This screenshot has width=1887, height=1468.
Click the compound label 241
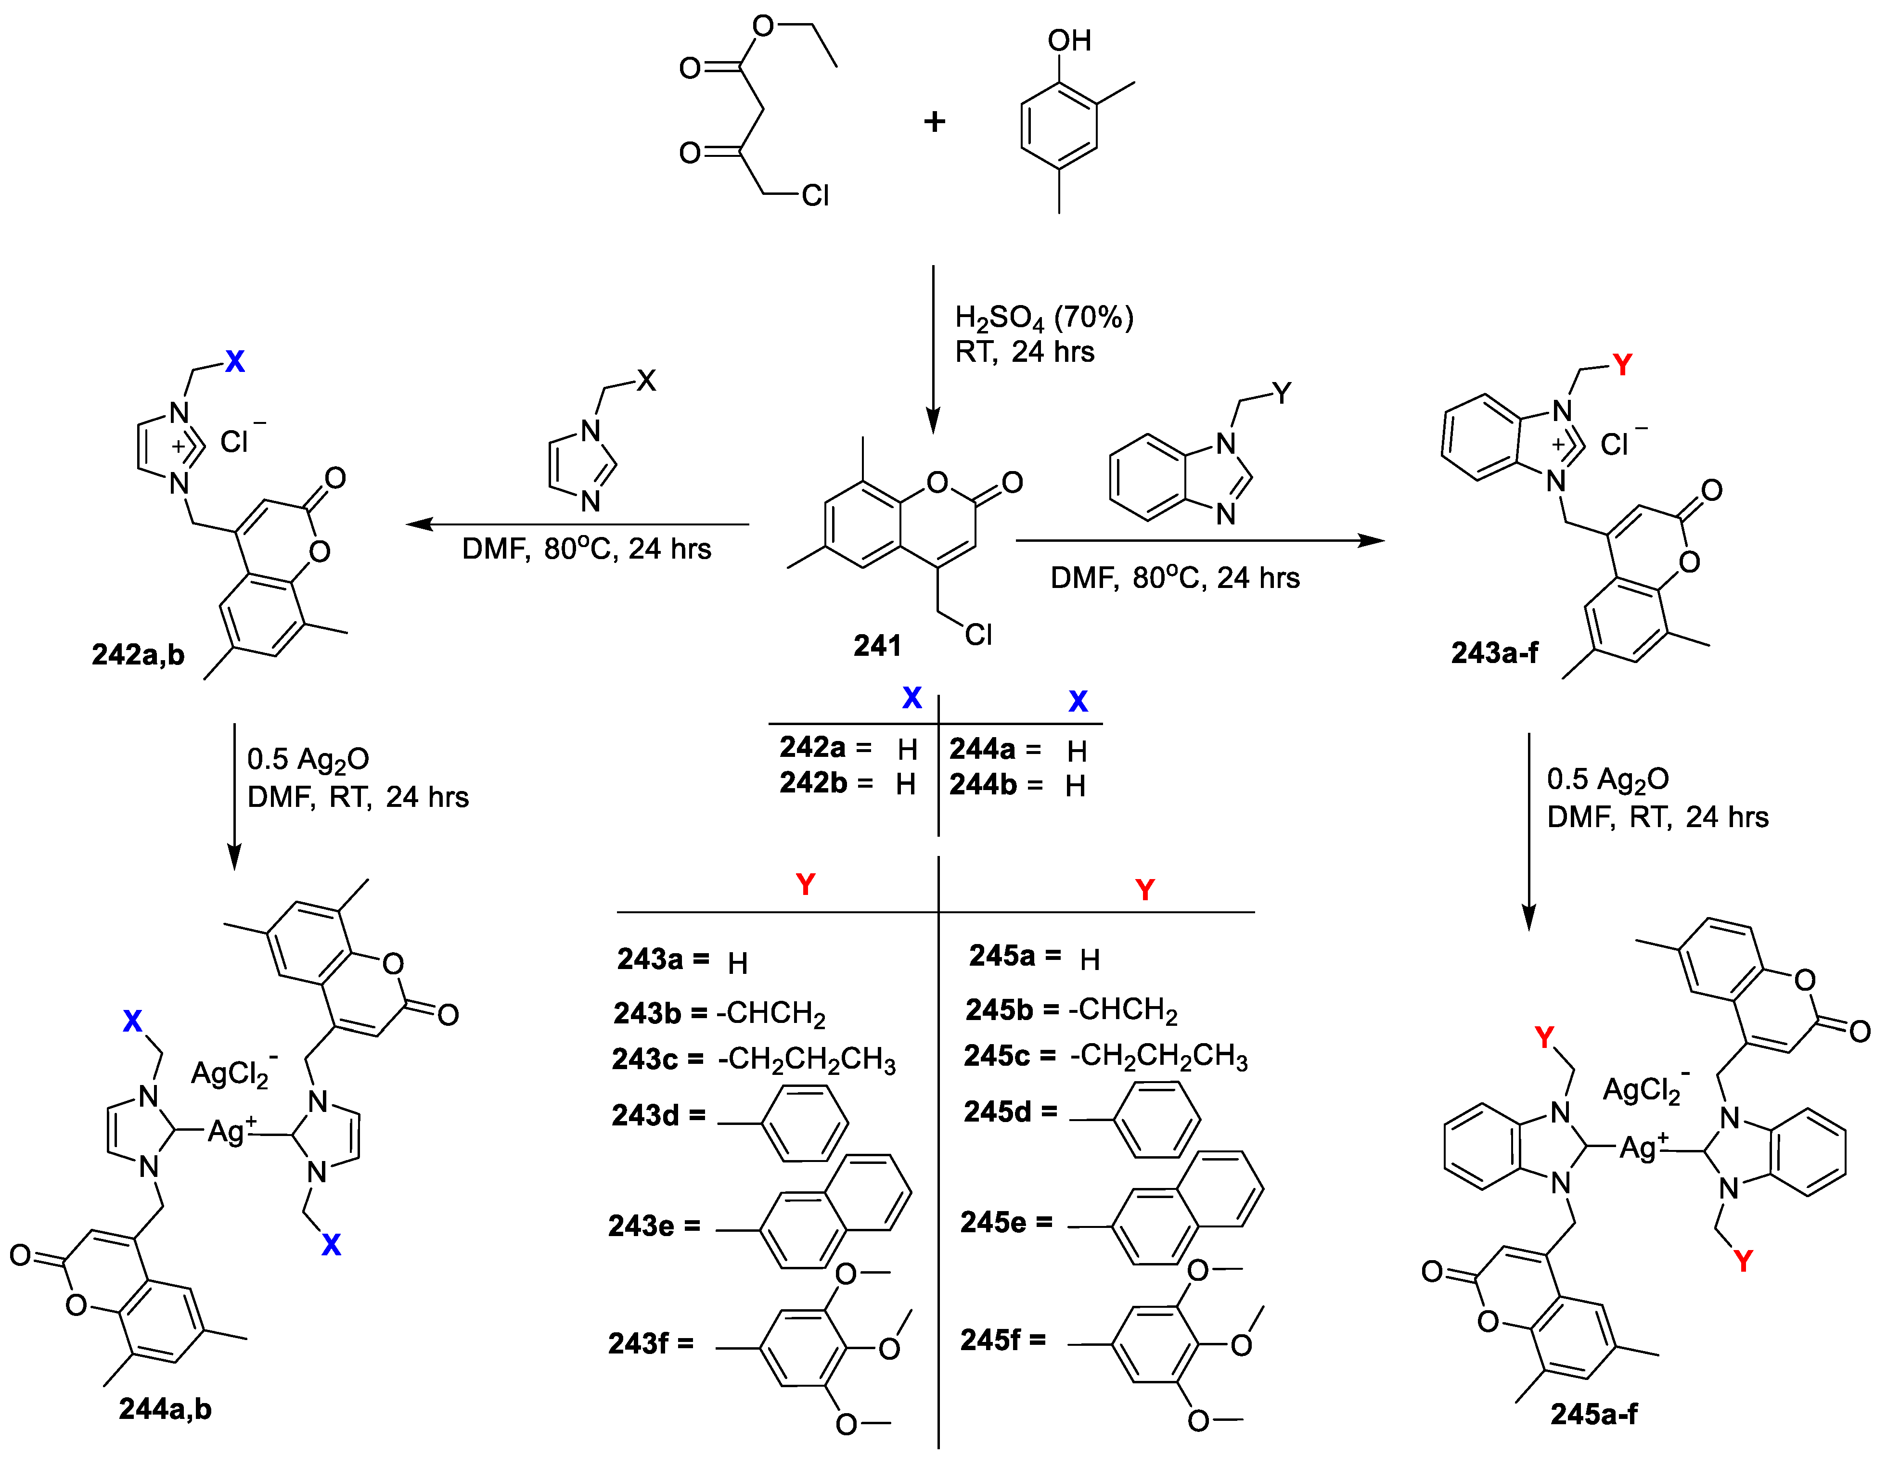[877, 645]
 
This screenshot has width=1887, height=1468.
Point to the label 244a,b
[165, 1409]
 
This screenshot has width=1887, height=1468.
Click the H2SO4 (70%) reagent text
[1044, 318]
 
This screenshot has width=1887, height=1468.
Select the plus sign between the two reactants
[934, 122]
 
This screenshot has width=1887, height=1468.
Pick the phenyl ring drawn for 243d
[804, 1123]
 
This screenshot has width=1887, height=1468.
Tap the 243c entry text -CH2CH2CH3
[807, 1060]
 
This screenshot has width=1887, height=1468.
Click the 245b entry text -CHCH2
[1123, 1009]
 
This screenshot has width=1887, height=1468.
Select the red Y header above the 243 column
[805, 884]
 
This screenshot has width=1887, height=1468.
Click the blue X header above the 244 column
[1078, 701]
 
